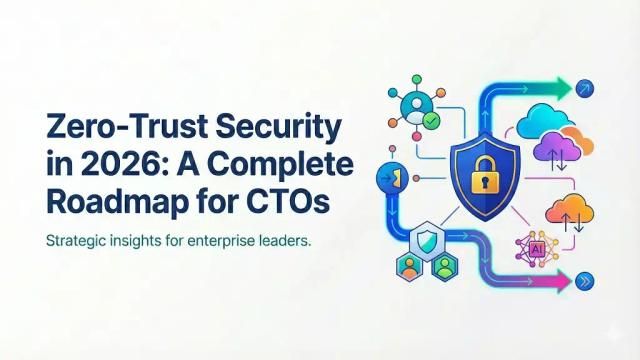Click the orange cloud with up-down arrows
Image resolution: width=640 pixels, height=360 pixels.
pyautogui.click(x=566, y=214)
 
